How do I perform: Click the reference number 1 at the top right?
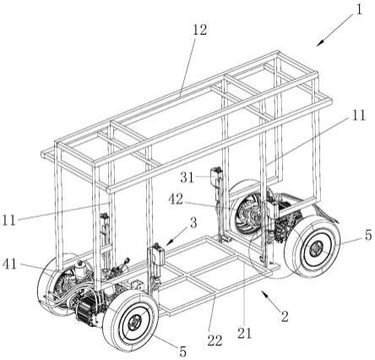point(359,10)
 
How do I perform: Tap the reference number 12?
point(200,30)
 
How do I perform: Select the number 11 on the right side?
point(358,115)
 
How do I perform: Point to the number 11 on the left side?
point(8,220)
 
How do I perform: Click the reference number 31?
point(187,177)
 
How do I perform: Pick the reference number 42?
point(176,199)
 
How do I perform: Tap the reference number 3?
point(193,223)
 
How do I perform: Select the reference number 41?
point(10,265)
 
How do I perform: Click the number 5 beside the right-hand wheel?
point(368,235)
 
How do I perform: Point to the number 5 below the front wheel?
point(183,352)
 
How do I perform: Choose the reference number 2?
point(285,317)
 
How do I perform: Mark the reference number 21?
point(244,334)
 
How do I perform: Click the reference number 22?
point(215,341)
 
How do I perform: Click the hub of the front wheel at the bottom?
point(135,323)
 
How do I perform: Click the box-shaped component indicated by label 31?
point(216,173)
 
